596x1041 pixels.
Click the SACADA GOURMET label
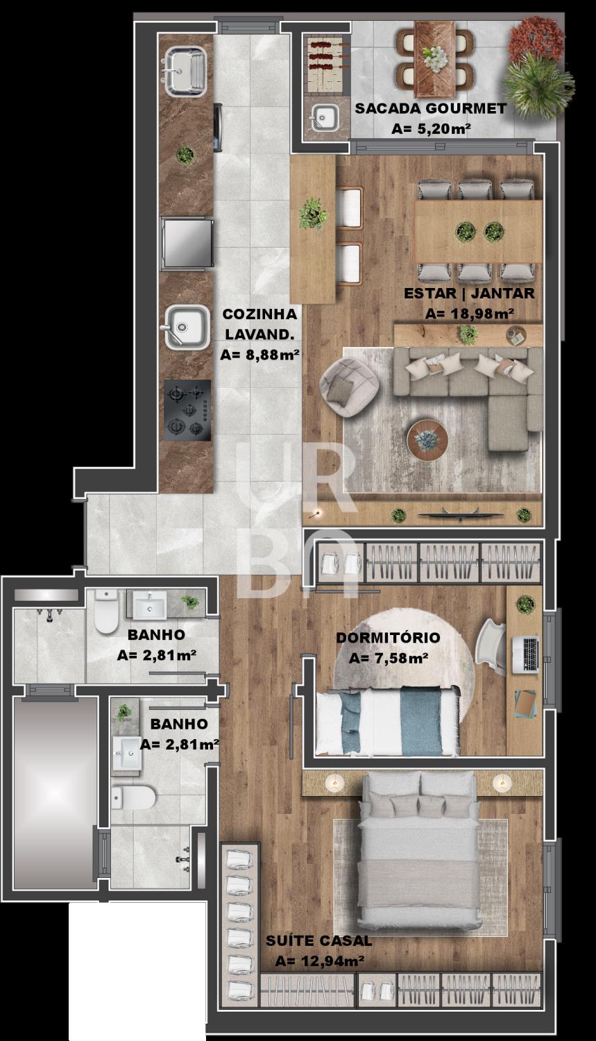430,109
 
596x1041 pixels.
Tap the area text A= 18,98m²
469,314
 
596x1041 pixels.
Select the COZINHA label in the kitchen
259,314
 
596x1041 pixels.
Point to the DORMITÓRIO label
388,637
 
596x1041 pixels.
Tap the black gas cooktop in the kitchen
187,410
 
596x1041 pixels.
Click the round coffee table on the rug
427,439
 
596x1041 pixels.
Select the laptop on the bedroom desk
525,655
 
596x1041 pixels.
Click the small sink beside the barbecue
325,117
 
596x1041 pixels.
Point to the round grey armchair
349,388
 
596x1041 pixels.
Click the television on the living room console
460,514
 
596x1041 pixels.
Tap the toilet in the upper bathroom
106,611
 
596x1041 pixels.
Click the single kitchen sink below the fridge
187,327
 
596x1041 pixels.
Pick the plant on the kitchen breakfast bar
313,213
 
